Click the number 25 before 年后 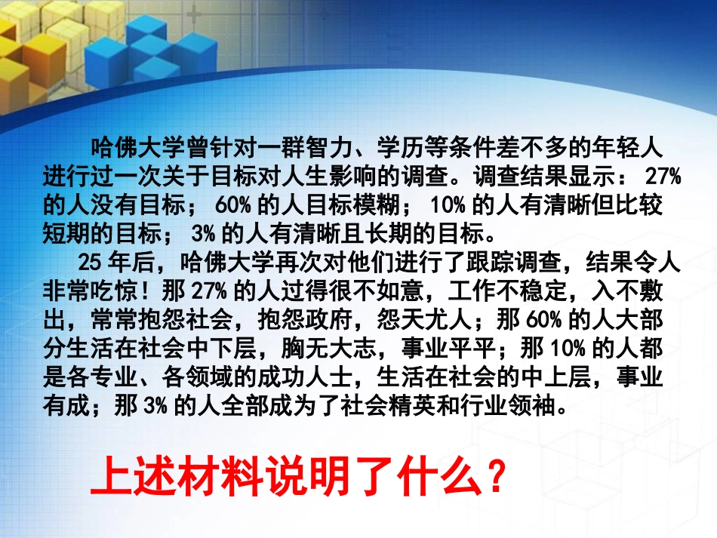89,262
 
